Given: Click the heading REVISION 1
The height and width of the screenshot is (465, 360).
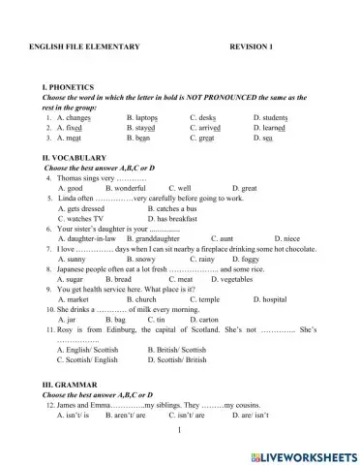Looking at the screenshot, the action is point(252,46).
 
